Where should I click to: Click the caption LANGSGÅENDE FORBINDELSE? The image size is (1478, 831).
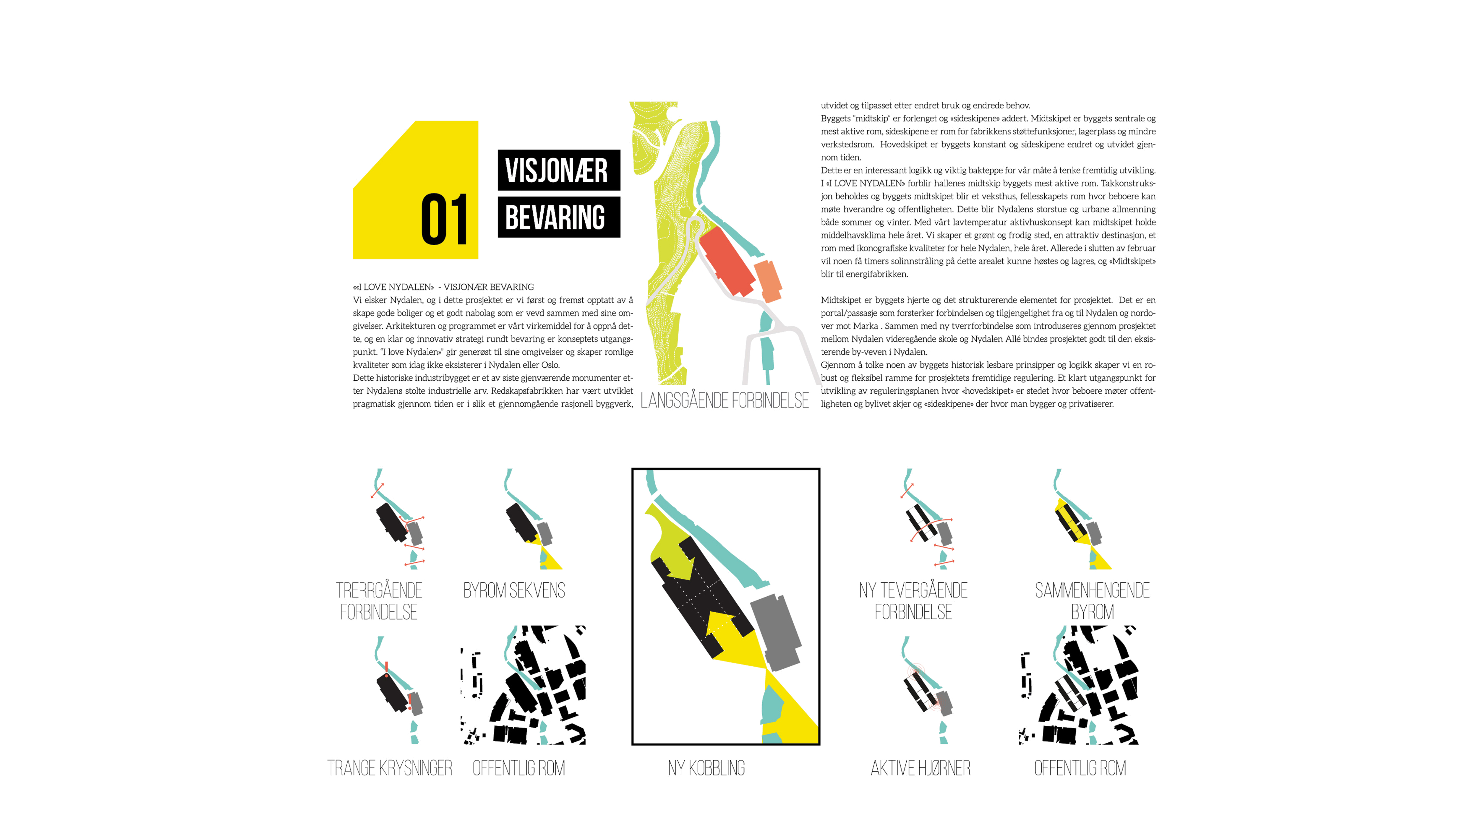click(x=724, y=400)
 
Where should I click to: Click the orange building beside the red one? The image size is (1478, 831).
click(x=768, y=281)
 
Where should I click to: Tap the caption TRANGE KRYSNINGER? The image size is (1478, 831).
click(x=390, y=768)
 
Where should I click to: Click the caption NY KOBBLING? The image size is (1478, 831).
click(x=706, y=768)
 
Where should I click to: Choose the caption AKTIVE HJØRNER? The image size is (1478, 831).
click(x=920, y=768)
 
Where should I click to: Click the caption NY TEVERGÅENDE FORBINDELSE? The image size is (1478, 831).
click(x=913, y=601)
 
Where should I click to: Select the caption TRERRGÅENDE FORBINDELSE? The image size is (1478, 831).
click(x=379, y=601)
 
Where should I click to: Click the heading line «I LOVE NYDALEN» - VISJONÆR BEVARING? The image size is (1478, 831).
click(x=443, y=287)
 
